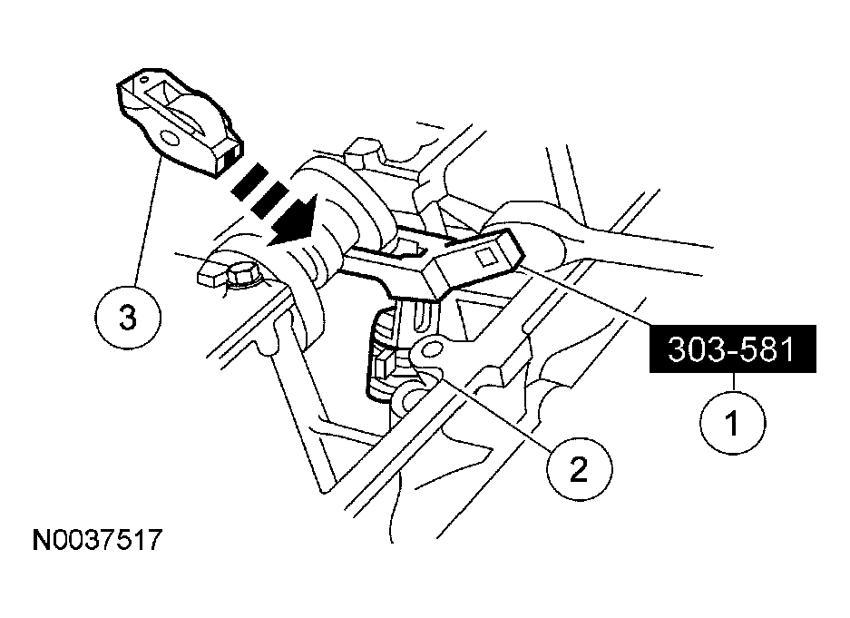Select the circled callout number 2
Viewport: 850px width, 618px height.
tap(579, 468)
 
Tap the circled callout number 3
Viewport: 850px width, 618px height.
tap(128, 317)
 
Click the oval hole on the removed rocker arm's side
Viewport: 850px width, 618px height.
tap(169, 138)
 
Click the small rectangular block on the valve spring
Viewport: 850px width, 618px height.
tap(381, 365)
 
